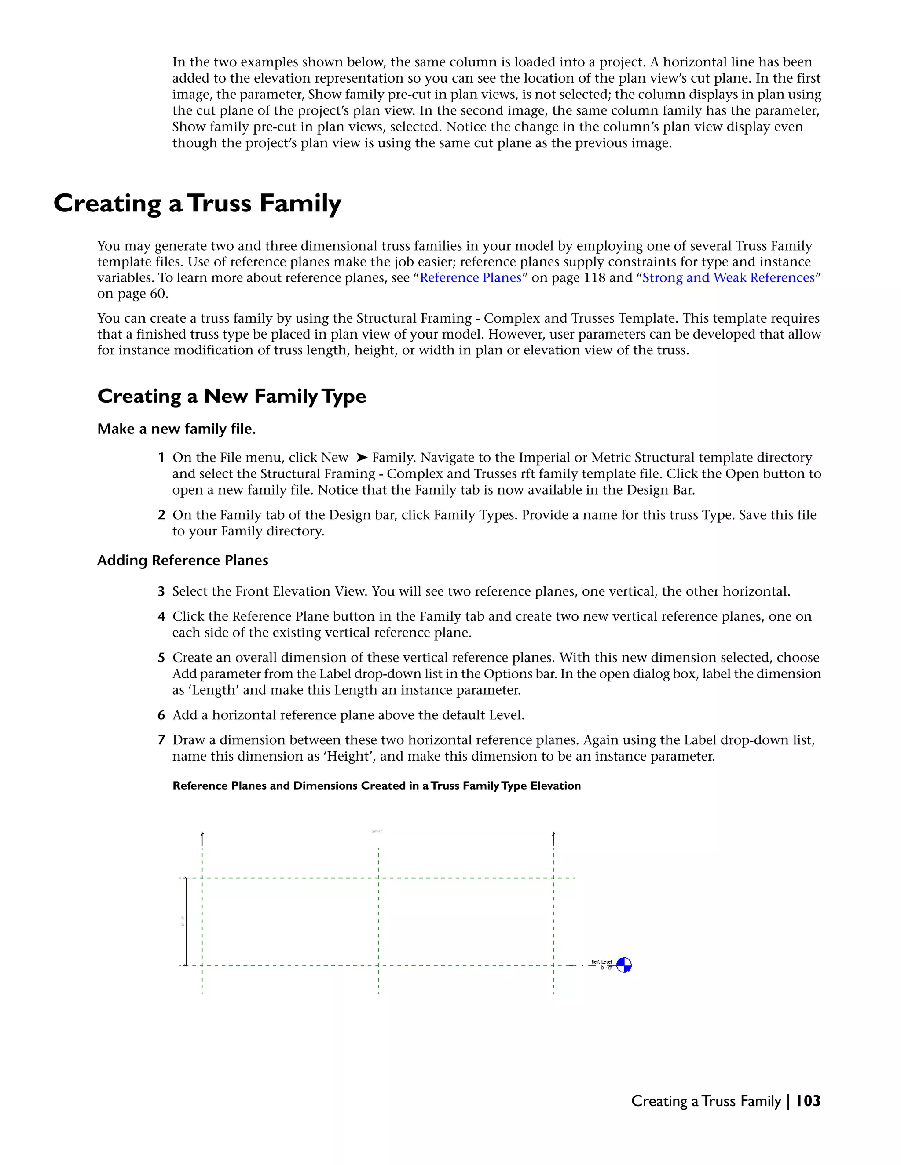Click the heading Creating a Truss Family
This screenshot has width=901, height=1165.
pyautogui.click(x=197, y=204)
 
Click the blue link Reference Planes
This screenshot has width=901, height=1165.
pyautogui.click(x=470, y=278)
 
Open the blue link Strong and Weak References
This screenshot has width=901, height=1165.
pyautogui.click(x=728, y=278)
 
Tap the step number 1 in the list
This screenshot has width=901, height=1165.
pyautogui.click(x=161, y=458)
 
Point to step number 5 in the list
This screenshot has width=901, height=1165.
pyautogui.click(x=161, y=658)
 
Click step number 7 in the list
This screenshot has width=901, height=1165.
pyautogui.click(x=161, y=740)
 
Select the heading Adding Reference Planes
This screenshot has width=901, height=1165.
pyautogui.click(x=183, y=561)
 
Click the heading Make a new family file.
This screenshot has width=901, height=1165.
pyautogui.click(x=176, y=430)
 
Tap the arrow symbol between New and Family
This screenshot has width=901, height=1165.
pyautogui.click(x=361, y=458)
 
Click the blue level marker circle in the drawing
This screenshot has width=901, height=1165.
pyautogui.click(x=623, y=965)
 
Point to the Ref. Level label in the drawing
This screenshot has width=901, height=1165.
pyautogui.click(x=601, y=962)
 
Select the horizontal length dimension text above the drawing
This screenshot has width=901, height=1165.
pyautogui.click(x=377, y=831)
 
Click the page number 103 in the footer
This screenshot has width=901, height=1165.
pyautogui.click(x=808, y=1101)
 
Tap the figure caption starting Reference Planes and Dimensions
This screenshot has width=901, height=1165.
pyautogui.click(x=376, y=786)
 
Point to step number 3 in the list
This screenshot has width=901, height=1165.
pyautogui.click(x=161, y=592)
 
